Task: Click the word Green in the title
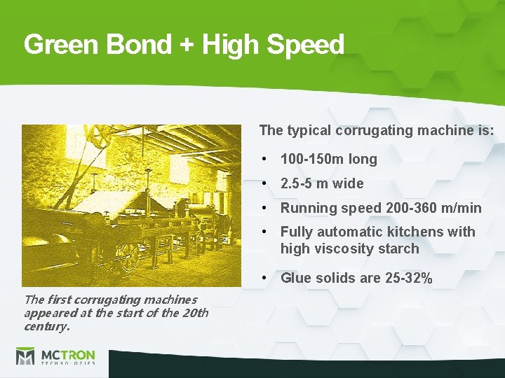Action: tap(62, 45)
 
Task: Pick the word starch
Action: tap(397, 248)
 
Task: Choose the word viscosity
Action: tap(343, 248)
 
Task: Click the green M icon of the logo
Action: tap(25, 356)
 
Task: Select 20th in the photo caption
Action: tap(194, 313)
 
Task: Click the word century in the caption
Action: tap(45, 326)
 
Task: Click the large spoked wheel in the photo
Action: tap(128, 256)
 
